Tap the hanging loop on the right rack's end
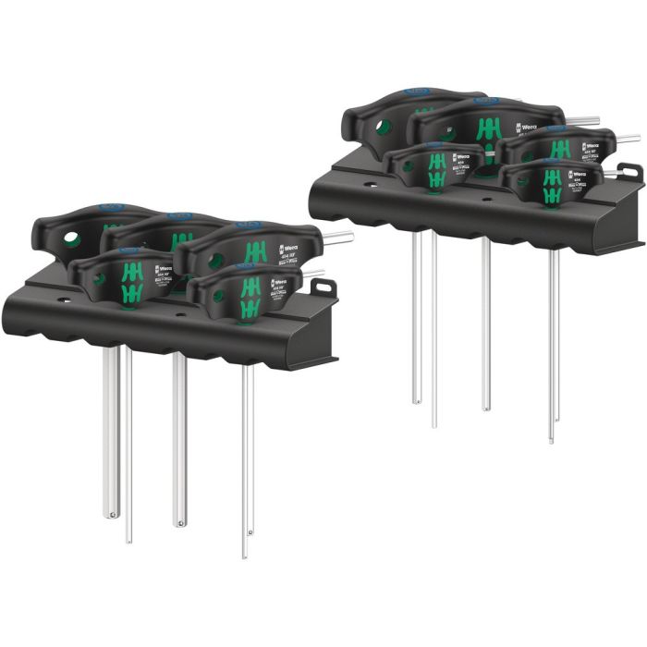coord(630,172)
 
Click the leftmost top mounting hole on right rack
coord(370,185)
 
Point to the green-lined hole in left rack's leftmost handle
coord(71,240)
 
